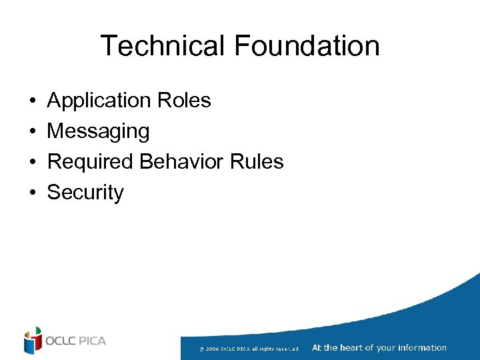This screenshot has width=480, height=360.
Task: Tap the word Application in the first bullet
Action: [x=100, y=101]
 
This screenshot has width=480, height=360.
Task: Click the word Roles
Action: [x=185, y=101]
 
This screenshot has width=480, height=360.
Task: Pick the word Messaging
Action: [x=98, y=131]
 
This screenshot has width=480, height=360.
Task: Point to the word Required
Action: [x=90, y=161]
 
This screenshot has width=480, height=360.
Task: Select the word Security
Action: [x=85, y=192]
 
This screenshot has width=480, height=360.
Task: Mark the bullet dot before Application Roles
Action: [x=32, y=101]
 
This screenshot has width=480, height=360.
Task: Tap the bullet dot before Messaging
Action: [x=32, y=132]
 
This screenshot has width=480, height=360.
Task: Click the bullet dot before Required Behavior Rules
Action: [x=32, y=162]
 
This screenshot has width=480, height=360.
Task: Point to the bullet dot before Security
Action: [x=32, y=193]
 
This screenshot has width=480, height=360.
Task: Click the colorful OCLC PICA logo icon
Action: [x=33, y=341]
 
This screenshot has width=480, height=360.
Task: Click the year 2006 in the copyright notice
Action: [x=213, y=349]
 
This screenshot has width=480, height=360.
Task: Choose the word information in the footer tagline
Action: [x=422, y=347]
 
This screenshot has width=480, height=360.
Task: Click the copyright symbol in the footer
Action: [x=201, y=349]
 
